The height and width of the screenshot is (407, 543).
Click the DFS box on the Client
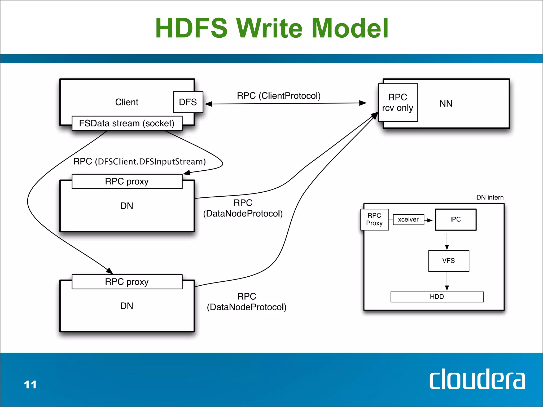(188, 102)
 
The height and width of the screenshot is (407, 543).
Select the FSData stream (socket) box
(127, 123)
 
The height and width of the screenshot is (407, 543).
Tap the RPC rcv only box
(398, 103)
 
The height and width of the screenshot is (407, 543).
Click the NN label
(446, 104)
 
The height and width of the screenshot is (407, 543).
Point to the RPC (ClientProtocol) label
(278, 96)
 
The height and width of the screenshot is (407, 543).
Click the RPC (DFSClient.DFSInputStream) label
(139, 161)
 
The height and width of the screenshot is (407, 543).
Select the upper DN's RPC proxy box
(127, 182)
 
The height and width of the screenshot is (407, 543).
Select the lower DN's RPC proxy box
(127, 282)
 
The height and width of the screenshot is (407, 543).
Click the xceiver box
(408, 219)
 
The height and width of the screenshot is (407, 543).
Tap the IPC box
(456, 219)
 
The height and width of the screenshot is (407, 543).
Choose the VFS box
(449, 261)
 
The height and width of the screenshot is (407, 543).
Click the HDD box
(437, 297)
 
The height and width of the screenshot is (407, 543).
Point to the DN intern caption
(490, 197)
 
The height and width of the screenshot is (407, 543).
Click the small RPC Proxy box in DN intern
(374, 219)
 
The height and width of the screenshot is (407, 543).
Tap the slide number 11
(30, 384)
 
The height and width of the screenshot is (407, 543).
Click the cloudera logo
(477, 379)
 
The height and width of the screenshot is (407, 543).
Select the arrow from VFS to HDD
(447, 281)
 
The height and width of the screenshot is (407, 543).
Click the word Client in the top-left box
(127, 102)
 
